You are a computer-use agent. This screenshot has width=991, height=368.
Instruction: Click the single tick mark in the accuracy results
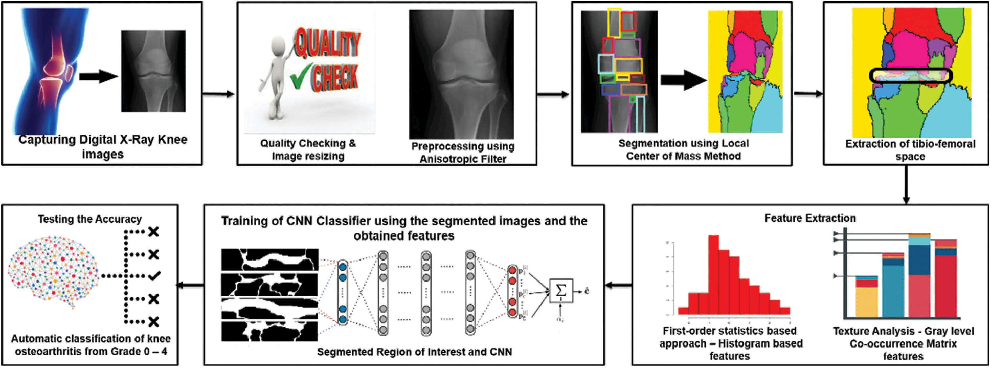154,276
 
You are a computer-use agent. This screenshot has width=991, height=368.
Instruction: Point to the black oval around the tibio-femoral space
910,75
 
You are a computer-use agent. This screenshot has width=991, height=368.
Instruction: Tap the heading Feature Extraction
810,218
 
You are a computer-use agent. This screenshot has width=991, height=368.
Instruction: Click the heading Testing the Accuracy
90,219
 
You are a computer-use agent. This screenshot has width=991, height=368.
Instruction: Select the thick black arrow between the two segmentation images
683,80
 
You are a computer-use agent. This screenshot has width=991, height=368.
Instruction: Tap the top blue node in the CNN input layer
342,267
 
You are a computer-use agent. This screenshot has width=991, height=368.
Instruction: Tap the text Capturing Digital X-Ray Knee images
103,147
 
